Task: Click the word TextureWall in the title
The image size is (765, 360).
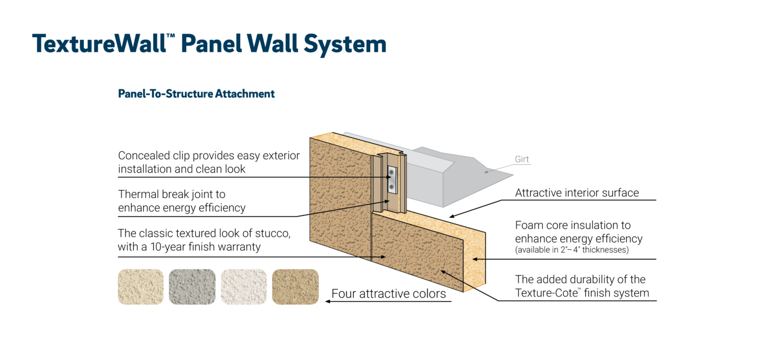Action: (99, 44)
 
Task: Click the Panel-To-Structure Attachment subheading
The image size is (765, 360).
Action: (196, 94)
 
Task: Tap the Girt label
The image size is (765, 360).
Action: (522, 159)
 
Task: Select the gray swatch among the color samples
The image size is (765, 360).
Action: (192, 287)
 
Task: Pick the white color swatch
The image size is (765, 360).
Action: (244, 287)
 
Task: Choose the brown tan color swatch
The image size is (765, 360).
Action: (295, 287)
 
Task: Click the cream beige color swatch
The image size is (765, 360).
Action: (141, 287)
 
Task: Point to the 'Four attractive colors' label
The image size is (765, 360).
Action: (388, 294)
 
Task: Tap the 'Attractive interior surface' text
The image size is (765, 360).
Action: (577, 193)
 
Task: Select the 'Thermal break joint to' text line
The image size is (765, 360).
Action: (172, 195)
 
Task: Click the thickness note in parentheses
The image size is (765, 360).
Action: (571, 250)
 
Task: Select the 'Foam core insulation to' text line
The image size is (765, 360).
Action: (573, 226)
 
